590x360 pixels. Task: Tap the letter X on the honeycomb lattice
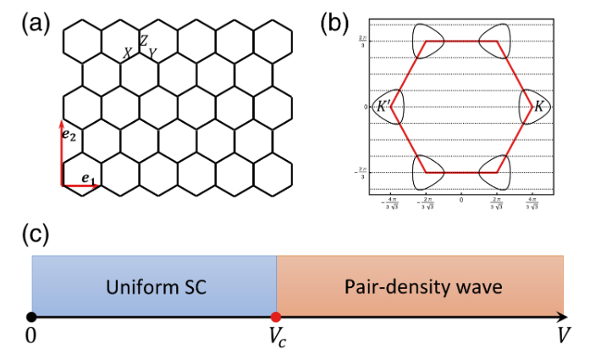point(127,53)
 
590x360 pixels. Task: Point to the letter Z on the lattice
point(144,41)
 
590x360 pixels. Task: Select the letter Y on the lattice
point(152,53)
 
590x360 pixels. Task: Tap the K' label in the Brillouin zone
point(384,107)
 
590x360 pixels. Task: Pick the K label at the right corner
point(538,107)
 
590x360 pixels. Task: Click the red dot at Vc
point(276,317)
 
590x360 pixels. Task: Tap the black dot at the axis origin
point(31,317)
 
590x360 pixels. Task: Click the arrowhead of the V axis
point(563,317)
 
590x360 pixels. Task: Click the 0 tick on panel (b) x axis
point(461,200)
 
